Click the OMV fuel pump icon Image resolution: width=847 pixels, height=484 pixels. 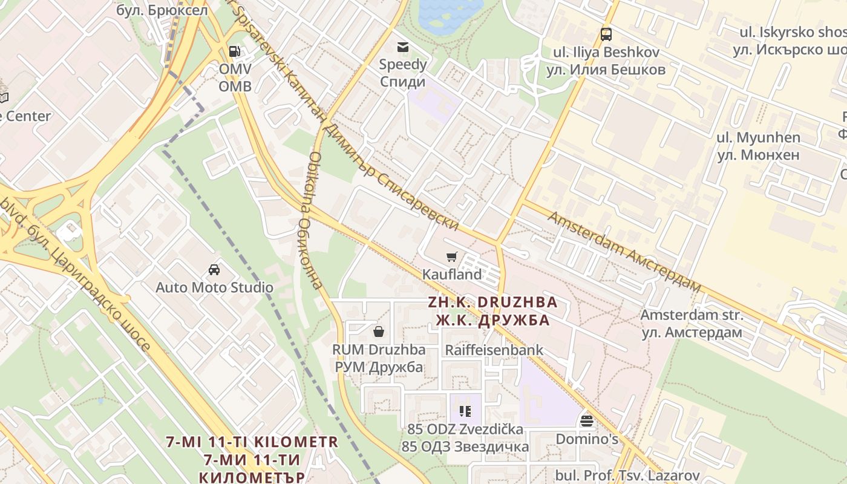tap(234, 51)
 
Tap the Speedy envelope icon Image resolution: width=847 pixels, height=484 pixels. tap(402, 47)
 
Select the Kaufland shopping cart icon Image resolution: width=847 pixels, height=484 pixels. tap(452, 257)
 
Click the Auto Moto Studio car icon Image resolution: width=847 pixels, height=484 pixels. tap(214, 270)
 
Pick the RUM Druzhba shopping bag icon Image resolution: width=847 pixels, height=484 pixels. tap(379, 331)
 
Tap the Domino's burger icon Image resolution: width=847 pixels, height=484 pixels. tap(586, 420)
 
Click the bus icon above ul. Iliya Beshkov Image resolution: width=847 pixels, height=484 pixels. tap(606, 34)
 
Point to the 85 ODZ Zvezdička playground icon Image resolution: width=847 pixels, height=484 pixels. tap(465, 411)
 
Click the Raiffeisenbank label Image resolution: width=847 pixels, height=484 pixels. tap(494, 350)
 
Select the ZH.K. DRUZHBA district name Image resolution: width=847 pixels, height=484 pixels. tap(492, 302)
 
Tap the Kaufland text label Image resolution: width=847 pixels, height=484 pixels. tap(452, 275)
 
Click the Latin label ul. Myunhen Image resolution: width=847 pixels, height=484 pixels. tap(758, 138)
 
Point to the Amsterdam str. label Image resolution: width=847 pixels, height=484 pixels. tap(692, 315)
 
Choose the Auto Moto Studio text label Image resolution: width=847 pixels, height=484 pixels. tap(214, 287)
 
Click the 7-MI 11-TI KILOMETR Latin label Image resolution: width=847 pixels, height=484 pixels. tap(253, 442)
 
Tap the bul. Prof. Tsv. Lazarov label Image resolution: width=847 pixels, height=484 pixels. tap(627, 476)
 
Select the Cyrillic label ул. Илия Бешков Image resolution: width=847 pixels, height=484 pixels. tap(606, 70)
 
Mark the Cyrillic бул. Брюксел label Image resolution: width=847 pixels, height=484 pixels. tap(162, 10)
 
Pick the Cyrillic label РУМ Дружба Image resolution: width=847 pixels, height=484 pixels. tap(379, 367)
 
